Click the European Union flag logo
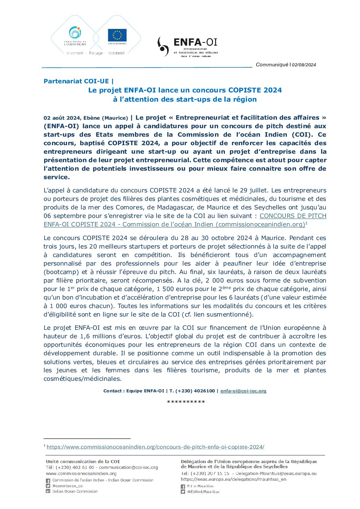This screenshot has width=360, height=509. pyautogui.click(x=117, y=35)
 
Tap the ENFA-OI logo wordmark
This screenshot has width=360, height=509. pyautogui.click(x=195, y=42)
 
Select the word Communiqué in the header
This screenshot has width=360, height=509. pyautogui.click(x=272, y=65)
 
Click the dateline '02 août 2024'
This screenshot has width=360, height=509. pyautogui.click(x=62, y=118)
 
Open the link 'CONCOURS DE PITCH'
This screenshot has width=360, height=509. pyautogui.click(x=293, y=216)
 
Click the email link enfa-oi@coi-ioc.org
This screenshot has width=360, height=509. pyautogui.click(x=243, y=391)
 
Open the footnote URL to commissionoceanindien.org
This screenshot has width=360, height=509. pyautogui.click(x=156, y=447)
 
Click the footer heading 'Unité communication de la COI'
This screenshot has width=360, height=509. pyautogui.click(x=83, y=461)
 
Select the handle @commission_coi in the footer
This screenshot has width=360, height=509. pyautogui.click(x=68, y=486)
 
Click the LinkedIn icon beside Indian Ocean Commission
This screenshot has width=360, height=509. pyautogui.click(x=48, y=492)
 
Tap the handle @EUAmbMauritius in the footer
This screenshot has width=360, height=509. pyautogui.click(x=203, y=492)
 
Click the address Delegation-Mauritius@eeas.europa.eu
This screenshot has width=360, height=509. pyautogui.click(x=276, y=473)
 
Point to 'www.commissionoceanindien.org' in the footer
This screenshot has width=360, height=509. pyautogui.click(x=81, y=473)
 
